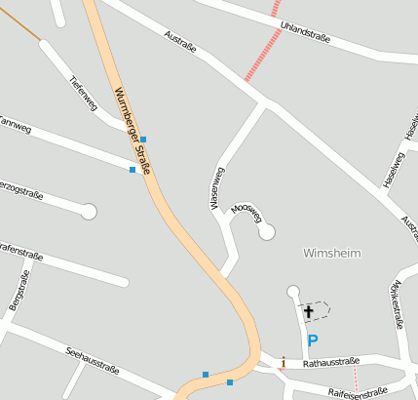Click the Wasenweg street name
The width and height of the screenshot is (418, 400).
[x=216, y=188]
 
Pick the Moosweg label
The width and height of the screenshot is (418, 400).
[x=247, y=213]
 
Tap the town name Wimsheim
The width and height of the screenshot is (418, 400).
[x=332, y=253]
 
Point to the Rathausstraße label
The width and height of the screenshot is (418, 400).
[x=331, y=363]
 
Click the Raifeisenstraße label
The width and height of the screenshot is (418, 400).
[x=359, y=393]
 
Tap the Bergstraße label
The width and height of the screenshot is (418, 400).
[x=19, y=291]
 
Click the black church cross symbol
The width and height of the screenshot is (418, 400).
[x=309, y=311]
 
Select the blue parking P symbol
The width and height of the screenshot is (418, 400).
[x=312, y=340]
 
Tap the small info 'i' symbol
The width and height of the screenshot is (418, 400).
[x=283, y=362]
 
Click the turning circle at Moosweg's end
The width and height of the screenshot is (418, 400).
[x=266, y=231]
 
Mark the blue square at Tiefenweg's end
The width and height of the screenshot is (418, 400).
[x=143, y=140]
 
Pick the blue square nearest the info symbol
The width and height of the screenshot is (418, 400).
[x=230, y=382]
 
